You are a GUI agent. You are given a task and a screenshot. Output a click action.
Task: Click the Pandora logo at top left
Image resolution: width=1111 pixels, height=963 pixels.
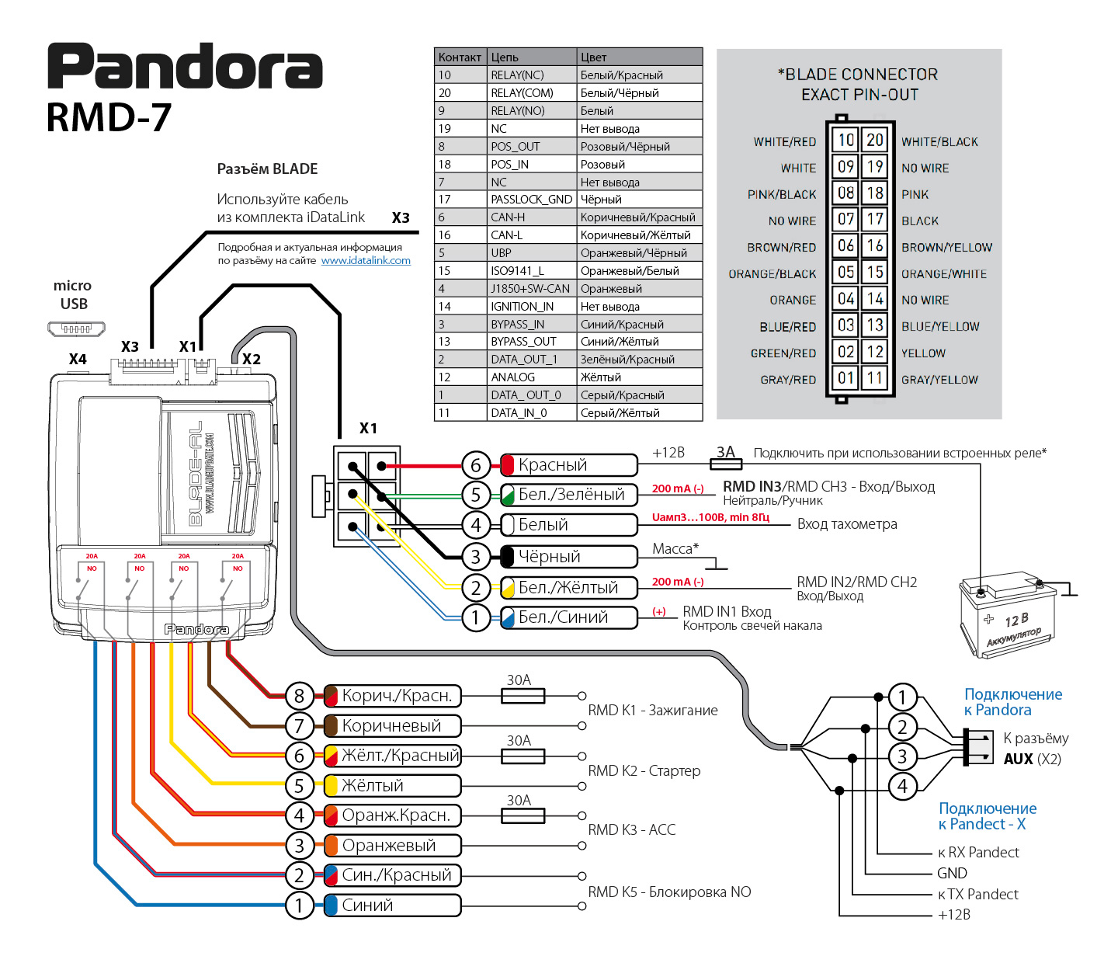(x=185, y=66)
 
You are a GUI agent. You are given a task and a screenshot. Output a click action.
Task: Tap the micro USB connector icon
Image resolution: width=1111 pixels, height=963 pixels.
(x=76, y=328)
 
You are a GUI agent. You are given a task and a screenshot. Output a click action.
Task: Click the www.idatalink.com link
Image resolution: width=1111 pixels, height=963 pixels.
(x=366, y=261)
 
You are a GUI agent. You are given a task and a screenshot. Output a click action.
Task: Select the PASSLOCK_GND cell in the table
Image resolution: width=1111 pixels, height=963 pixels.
(x=532, y=200)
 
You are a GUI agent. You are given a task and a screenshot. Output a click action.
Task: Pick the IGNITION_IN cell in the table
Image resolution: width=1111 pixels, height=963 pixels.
(x=532, y=307)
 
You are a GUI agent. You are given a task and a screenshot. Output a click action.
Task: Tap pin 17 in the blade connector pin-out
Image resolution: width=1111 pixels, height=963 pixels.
(x=875, y=219)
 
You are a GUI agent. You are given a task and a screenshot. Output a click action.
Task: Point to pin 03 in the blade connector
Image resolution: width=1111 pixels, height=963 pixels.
(x=845, y=325)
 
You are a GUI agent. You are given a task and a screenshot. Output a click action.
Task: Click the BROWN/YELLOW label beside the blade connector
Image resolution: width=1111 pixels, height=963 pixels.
(x=946, y=247)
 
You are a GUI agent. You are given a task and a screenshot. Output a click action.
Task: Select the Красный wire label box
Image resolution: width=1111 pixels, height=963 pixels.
(x=568, y=465)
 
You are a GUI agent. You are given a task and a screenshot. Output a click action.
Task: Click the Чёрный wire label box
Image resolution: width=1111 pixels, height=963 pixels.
(x=568, y=557)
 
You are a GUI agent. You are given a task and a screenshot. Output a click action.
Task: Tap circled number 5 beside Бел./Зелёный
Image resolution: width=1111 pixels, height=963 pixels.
(x=476, y=495)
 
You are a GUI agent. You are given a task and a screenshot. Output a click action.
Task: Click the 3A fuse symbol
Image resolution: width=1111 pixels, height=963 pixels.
(x=726, y=464)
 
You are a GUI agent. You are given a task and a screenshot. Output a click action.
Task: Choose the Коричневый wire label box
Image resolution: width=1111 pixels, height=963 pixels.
(x=392, y=726)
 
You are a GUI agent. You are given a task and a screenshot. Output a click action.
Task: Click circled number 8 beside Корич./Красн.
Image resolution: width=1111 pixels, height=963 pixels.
(x=300, y=697)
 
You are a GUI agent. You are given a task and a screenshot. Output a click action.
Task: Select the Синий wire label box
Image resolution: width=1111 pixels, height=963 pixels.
(x=392, y=906)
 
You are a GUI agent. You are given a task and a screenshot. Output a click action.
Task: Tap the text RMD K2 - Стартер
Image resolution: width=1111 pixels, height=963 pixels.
(x=644, y=771)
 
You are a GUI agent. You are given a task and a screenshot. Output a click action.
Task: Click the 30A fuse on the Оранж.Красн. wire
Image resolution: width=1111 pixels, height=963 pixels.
(x=523, y=816)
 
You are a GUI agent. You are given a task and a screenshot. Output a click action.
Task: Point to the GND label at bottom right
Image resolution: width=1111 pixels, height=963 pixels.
(x=952, y=873)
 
